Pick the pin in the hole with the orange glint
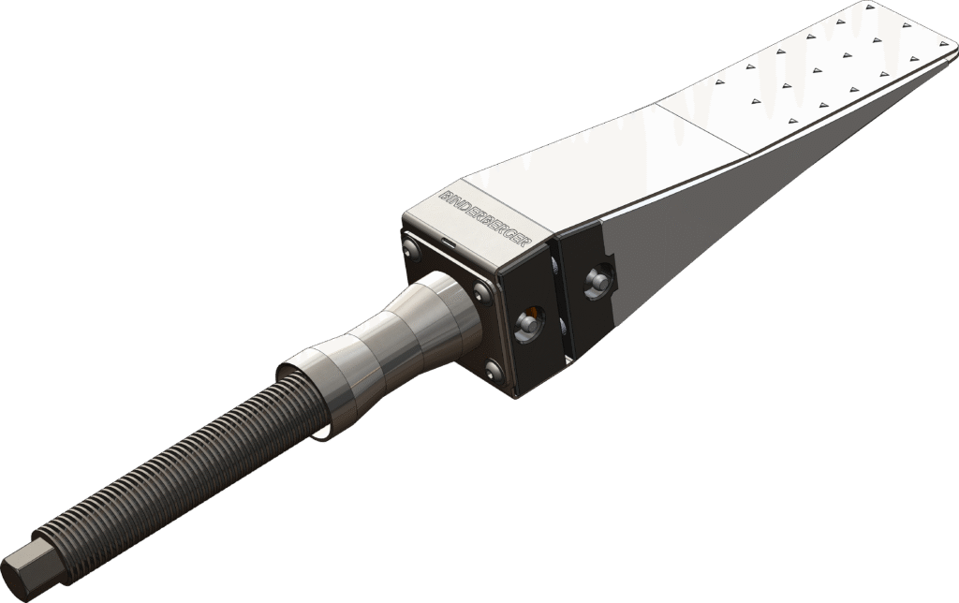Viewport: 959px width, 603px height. pos(528,321)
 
